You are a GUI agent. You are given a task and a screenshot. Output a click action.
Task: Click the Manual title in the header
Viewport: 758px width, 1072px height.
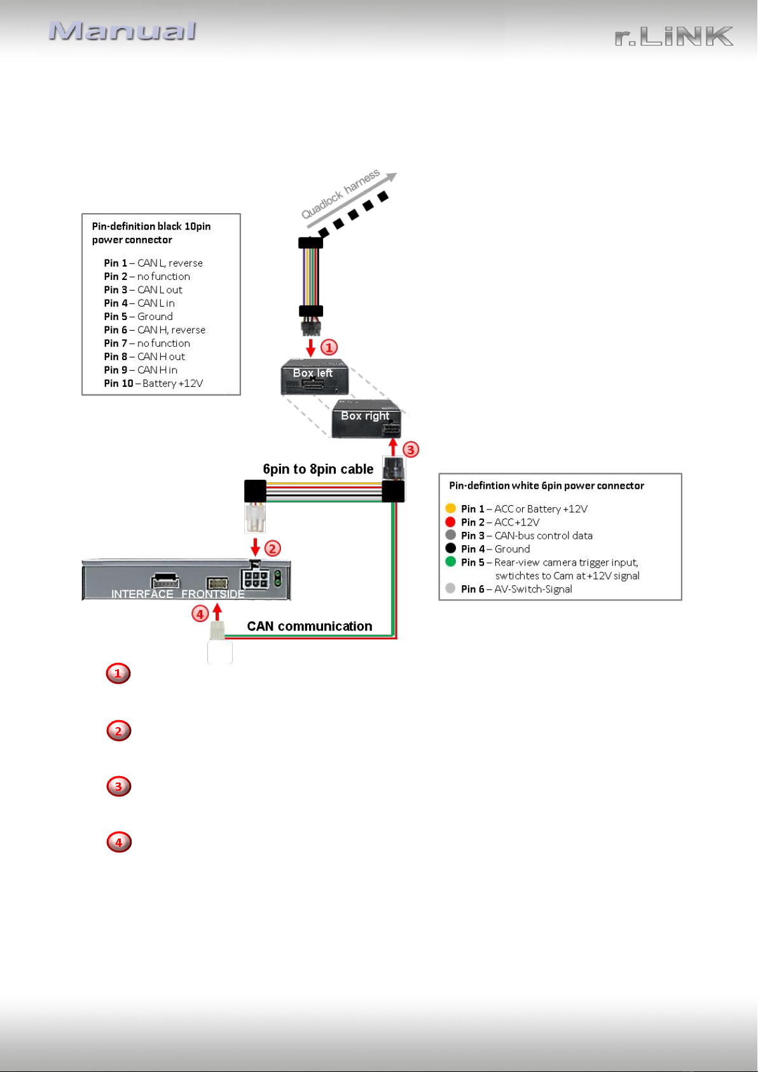pyautogui.click(x=123, y=31)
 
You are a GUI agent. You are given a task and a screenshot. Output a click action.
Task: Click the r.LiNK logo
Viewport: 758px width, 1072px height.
pyautogui.click(x=673, y=36)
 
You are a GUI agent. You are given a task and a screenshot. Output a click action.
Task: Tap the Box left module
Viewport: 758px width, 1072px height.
pyautogui.click(x=314, y=377)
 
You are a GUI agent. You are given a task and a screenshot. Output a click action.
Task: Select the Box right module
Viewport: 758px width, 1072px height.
pyautogui.click(x=366, y=418)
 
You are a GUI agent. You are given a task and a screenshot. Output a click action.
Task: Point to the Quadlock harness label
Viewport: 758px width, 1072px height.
pyautogui.click(x=340, y=193)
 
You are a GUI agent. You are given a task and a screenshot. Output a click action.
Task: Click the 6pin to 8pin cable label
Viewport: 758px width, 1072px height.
pyautogui.click(x=318, y=469)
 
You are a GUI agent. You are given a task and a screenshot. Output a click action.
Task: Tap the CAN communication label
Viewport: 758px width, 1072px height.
pyautogui.click(x=310, y=626)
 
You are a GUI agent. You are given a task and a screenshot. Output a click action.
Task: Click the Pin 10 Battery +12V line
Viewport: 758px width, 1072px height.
pyautogui.click(x=153, y=384)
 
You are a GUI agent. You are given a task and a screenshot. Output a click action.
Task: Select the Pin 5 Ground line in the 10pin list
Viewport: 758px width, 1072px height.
pyautogui.click(x=138, y=316)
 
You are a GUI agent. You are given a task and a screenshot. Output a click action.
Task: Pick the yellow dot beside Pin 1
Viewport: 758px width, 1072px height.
pyautogui.click(x=450, y=508)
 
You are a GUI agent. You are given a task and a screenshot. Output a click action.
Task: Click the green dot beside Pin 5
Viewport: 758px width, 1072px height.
pyautogui.click(x=450, y=562)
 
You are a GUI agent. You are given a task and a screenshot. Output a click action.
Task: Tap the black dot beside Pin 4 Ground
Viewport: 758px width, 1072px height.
pyautogui.click(x=450, y=548)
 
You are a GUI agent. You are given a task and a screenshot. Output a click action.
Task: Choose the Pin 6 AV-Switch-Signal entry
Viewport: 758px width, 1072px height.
pyautogui.click(x=516, y=589)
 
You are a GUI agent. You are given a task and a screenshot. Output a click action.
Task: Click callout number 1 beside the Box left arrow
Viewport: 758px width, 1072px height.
pyautogui.click(x=329, y=347)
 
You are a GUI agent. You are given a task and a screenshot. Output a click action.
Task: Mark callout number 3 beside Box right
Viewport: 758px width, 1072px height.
pyautogui.click(x=410, y=449)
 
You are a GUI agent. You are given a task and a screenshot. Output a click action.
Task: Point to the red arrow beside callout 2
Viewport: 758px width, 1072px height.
pyautogui.click(x=256, y=547)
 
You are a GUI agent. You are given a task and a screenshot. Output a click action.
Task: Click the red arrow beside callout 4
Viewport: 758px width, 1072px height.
pyautogui.click(x=217, y=612)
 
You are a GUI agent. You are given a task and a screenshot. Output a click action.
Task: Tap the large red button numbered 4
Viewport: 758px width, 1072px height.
pyautogui.click(x=119, y=842)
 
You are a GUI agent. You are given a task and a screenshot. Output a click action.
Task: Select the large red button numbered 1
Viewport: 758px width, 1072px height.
pyautogui.click(x=118, y=673)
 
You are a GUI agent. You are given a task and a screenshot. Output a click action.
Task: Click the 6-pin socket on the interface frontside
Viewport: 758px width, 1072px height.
pyautogui.click(x=256, y=578)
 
